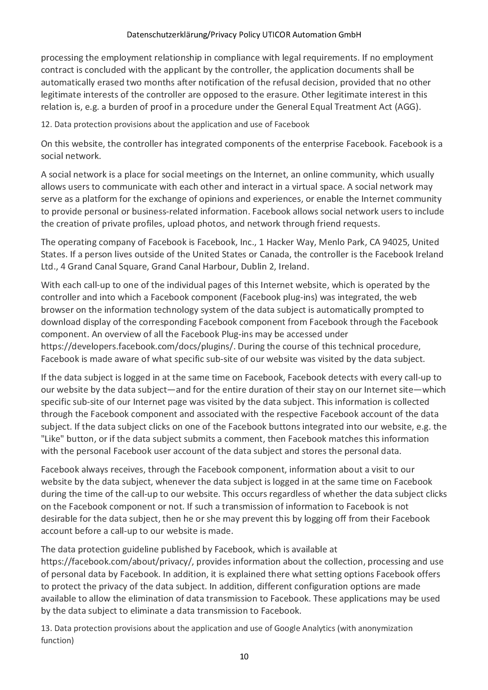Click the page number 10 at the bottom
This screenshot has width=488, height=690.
tap(244, 657)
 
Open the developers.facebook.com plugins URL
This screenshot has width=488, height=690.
tap(138, 347)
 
